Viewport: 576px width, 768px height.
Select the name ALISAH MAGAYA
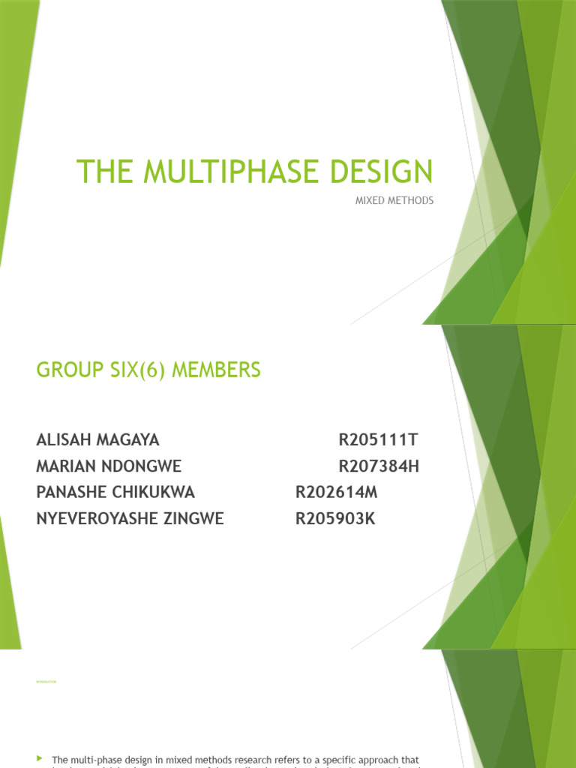click(97, 440)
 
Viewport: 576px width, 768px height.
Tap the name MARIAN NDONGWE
click(109, 466)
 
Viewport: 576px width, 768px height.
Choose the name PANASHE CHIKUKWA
click(115, 493)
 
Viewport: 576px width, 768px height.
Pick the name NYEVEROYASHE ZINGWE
click(130, 519)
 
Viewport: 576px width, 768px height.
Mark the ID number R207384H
click(379, 466)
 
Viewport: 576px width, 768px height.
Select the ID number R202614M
click(337, 493)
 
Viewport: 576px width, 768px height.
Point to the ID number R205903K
click(335, 519)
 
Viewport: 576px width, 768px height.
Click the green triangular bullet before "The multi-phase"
click(40, 759)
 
